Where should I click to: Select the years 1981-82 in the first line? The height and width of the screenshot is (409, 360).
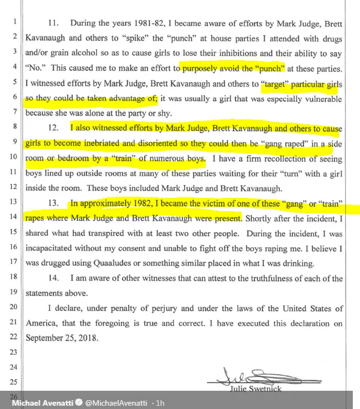[x=160, y=24]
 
